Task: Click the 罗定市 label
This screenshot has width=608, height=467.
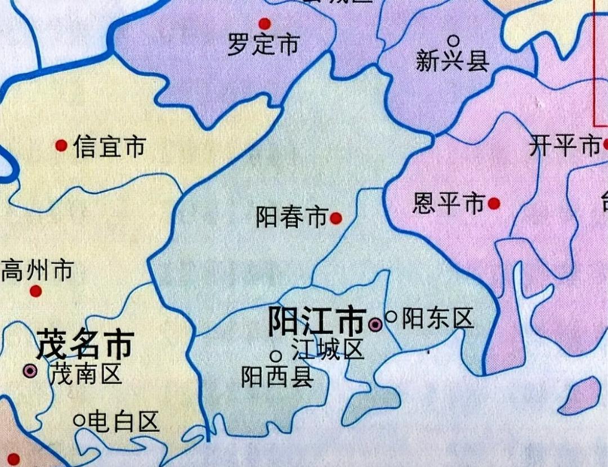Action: [263, 45]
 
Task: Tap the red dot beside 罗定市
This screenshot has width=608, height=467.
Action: [265, 24]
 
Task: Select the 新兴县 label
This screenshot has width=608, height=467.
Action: [452, 61]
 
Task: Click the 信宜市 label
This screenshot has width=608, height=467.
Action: [109, 147]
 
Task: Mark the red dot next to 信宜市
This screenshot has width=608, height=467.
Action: [61, 146]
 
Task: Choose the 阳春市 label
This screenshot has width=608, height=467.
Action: [292, 217]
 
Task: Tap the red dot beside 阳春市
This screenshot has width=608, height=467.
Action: [336, 218]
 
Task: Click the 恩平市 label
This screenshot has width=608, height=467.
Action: [448, 204]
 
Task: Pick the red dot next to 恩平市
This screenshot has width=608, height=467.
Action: [494, 204]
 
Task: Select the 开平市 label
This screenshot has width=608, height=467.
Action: [565, 147]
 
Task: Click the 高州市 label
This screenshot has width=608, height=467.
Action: [37, 271]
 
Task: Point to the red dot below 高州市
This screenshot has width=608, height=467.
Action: [36, 291]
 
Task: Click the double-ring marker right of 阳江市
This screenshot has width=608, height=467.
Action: [375, 324]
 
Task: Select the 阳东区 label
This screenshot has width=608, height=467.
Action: [437, 319]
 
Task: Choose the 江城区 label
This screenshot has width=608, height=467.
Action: [328, 350]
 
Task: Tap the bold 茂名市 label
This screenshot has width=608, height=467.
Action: [85, 344]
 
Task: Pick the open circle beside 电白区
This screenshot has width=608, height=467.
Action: [79, 420]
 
